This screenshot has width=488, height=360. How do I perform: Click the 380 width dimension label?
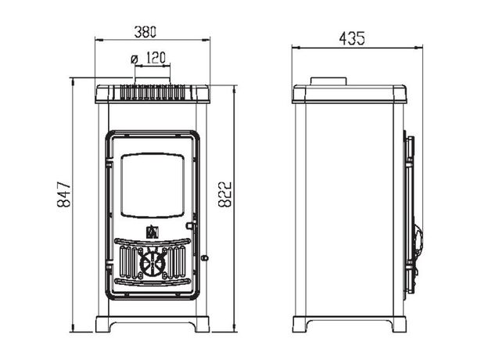tap(145, 32)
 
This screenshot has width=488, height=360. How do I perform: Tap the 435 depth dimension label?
tap(352, 38)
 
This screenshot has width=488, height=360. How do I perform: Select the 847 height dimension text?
tap(64, 195)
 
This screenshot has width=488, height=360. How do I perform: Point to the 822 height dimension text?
tap(224, 194)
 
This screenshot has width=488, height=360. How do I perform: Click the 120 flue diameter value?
tap(156, 58)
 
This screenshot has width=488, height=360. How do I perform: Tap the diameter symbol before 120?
tap(135, 59)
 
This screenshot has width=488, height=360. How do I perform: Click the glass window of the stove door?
tap(152, 185)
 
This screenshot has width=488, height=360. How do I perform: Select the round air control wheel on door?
tap(152, 264)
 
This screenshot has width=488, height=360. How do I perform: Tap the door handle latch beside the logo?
tap(191, 225)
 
